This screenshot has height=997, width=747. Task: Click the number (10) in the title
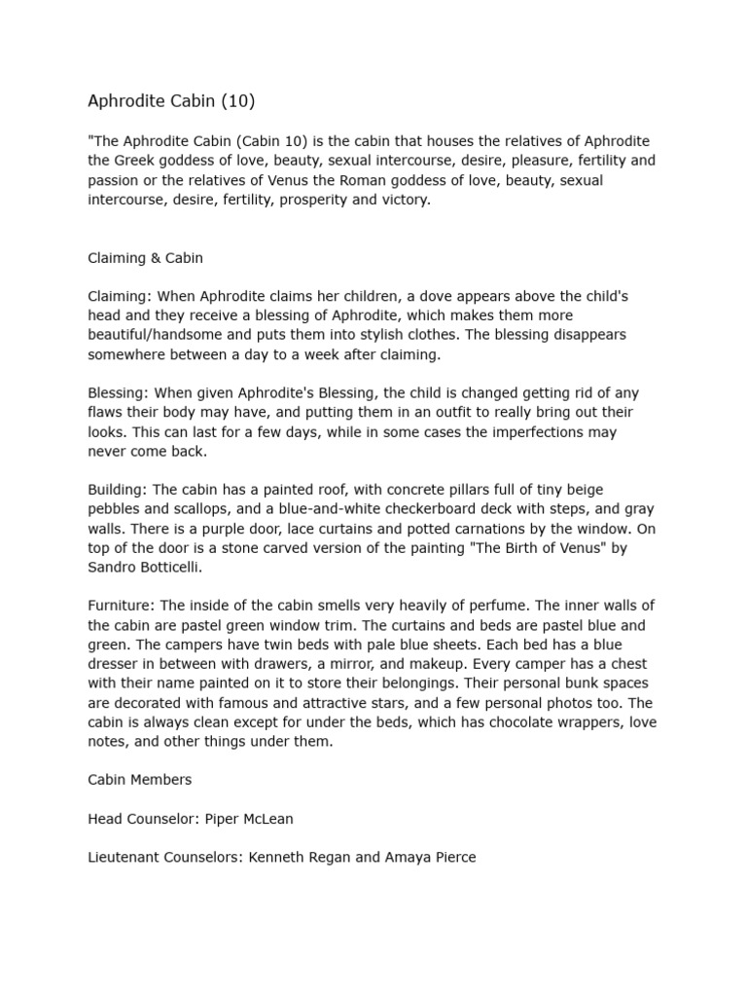(x=235, y=100)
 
